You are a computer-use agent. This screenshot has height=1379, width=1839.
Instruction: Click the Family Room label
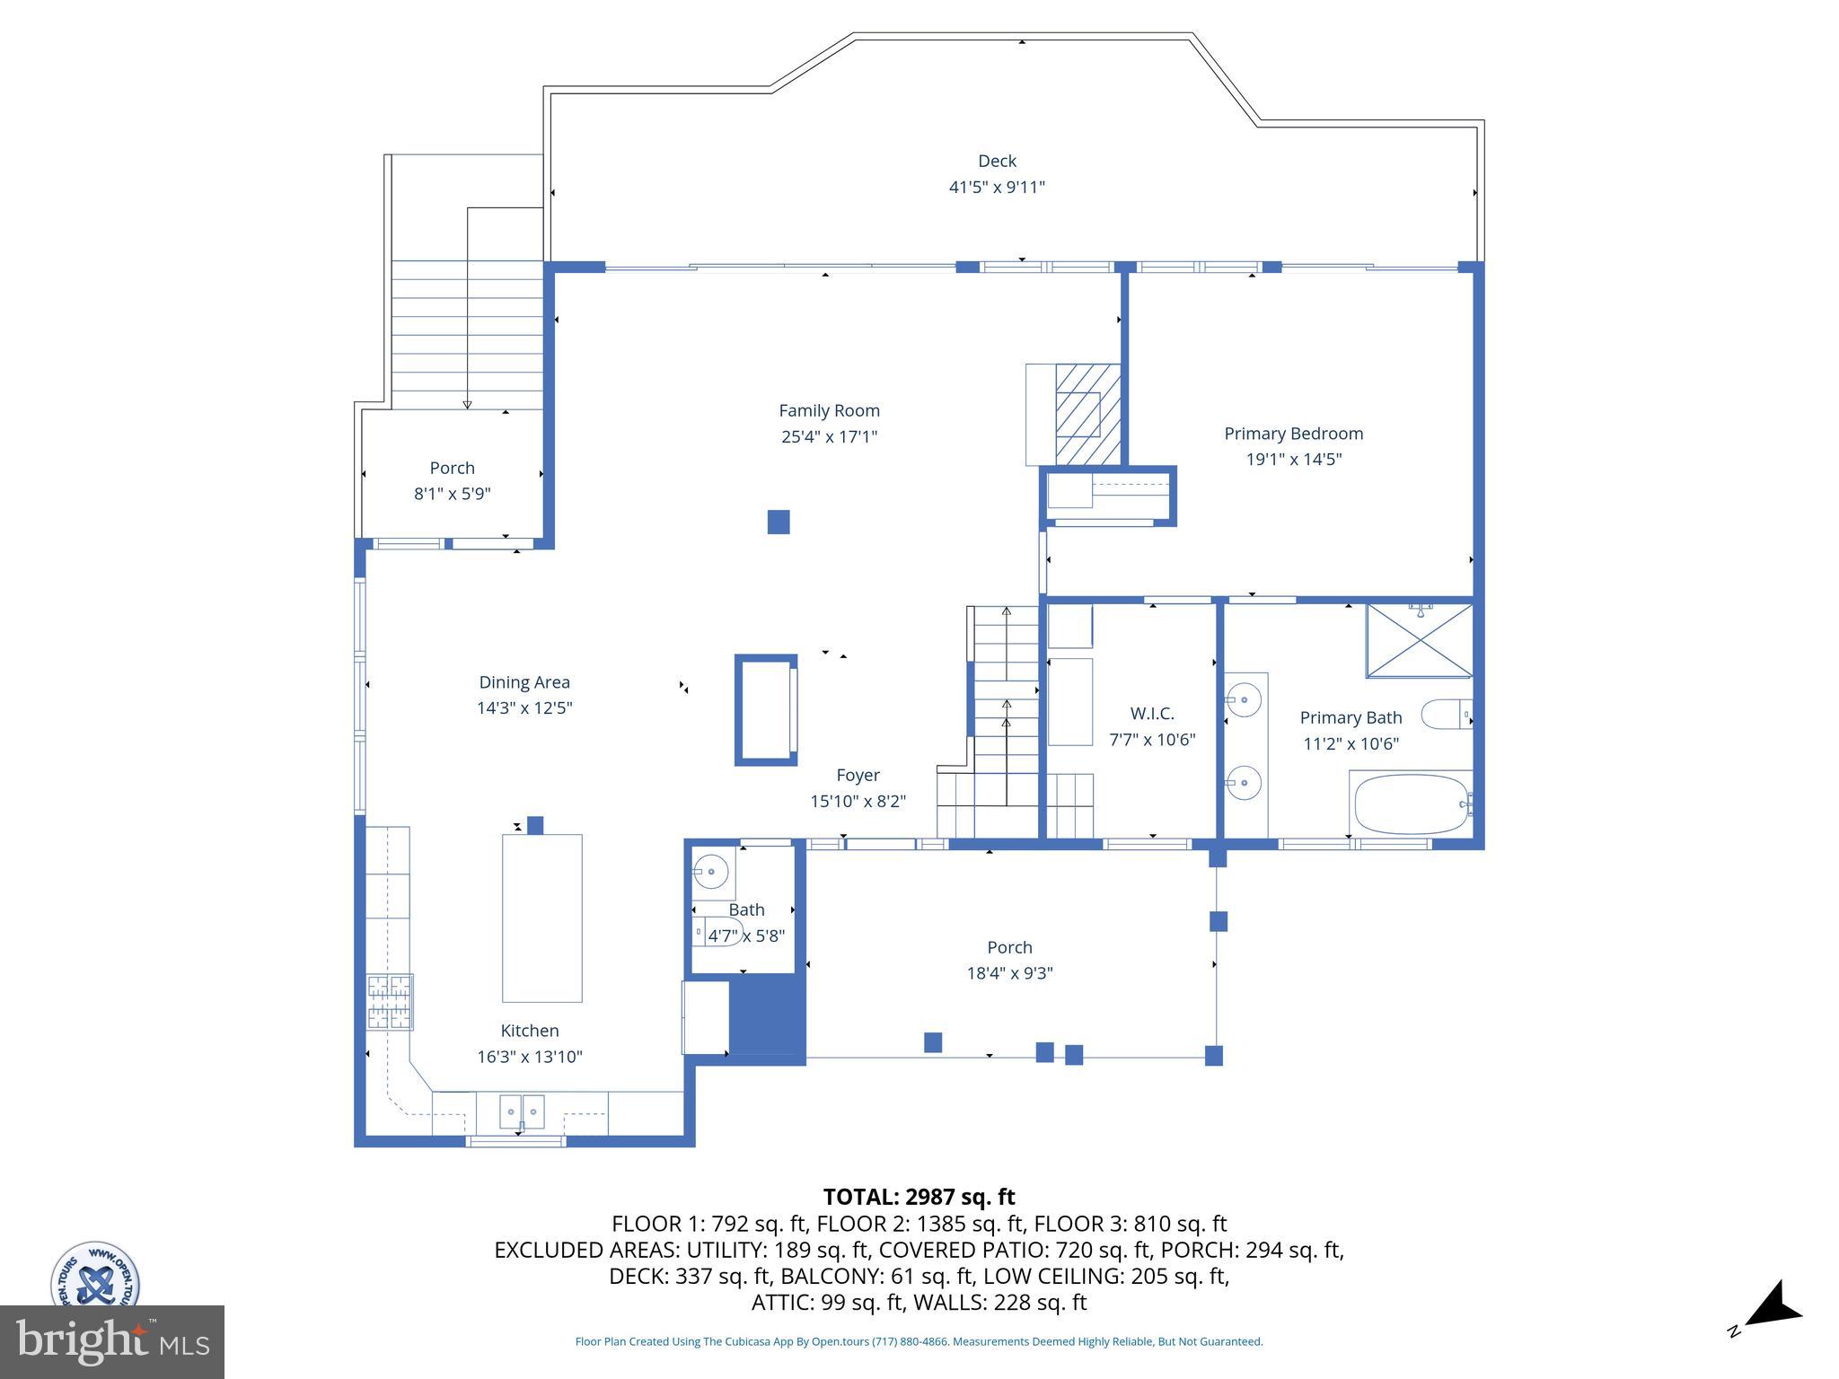click(x=828, y=411)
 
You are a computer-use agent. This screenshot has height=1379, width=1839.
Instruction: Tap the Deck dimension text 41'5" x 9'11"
click(x=997, y=188)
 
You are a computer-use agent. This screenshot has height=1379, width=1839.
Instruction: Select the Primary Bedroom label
click(x=1293, y=434)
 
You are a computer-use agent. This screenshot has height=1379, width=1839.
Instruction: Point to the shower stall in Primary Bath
click(x=1419, y=641)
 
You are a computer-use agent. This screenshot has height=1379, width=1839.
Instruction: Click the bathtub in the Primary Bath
click(x=1410, y=804)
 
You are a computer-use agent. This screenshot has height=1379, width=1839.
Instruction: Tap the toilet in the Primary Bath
click(x=1446, y=715)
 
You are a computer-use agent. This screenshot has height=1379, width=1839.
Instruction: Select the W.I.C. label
click(x=1151, y=715)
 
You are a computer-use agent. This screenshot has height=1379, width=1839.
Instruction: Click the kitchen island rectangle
click(x=541, y=918)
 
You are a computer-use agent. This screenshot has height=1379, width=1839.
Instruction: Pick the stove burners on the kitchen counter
click(x=390, y=1001)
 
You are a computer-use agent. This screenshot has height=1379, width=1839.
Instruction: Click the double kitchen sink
click(x=522, y=1111)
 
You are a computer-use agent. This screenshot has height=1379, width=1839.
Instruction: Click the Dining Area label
click(x=524, y=682)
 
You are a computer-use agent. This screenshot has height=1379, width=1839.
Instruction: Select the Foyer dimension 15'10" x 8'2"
click(x=858, y=801)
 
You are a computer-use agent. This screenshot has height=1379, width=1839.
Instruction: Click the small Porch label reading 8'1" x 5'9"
click(x=452, y=494)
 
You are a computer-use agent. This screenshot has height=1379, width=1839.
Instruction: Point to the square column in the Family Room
click(x=779, y=522)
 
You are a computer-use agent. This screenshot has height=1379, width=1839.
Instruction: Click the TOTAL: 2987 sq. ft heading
click(x=919, y=1197)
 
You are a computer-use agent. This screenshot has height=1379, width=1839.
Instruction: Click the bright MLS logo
click(x=111, y=1342)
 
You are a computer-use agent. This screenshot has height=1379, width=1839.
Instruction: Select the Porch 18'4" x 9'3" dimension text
click(x=1009, y=973)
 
